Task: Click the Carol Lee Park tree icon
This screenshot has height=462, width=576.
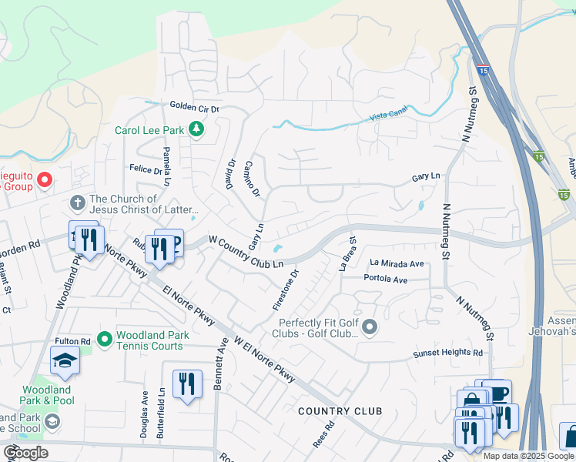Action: [196, 129]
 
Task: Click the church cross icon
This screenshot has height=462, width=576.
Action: [76, 203]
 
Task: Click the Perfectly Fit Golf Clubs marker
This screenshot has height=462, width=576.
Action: [370, 328]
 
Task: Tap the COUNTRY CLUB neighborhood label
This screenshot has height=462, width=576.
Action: [340, 411]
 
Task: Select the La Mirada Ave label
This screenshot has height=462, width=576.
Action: [397, 263]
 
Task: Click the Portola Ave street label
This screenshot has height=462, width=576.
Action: [385, 279]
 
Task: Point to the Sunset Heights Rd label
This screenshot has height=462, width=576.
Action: [447, 353]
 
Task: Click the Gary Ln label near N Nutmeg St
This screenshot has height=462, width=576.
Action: [426, 177]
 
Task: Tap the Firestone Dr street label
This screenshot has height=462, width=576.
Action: [285, 290]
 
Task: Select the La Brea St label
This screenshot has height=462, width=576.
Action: [347, 253]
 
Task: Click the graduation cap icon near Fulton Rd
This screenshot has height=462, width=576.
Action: [65, 360]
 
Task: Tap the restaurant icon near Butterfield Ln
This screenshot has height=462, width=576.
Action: [187, 383]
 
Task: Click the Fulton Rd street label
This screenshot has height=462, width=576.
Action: [72, 341]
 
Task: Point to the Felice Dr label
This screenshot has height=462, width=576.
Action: [146, 169]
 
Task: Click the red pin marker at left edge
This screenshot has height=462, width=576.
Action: [45, 181]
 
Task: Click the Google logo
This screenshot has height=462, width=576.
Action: [25, 453]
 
